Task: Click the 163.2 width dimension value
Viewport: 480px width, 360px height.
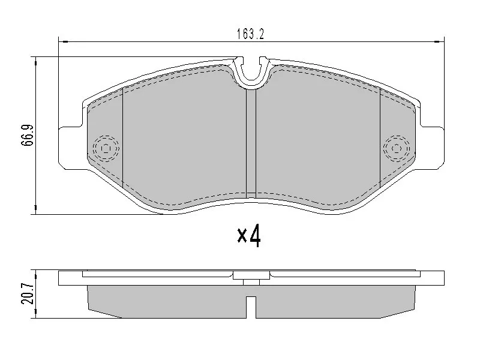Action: [x=250, y=34]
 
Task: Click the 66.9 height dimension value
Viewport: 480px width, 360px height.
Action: [x=27, y=136]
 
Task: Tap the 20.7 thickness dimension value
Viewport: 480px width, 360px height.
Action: [x=27, y=293]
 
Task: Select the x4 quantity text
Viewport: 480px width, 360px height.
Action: [x=249, y=236]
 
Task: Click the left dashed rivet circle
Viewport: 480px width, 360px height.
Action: [x=106, y=148]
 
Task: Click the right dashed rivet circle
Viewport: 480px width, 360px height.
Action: [x=397, y=148]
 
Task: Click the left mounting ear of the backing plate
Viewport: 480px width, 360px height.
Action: [x=70, y=148]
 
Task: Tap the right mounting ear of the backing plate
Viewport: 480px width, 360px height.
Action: [x=432, y=148]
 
